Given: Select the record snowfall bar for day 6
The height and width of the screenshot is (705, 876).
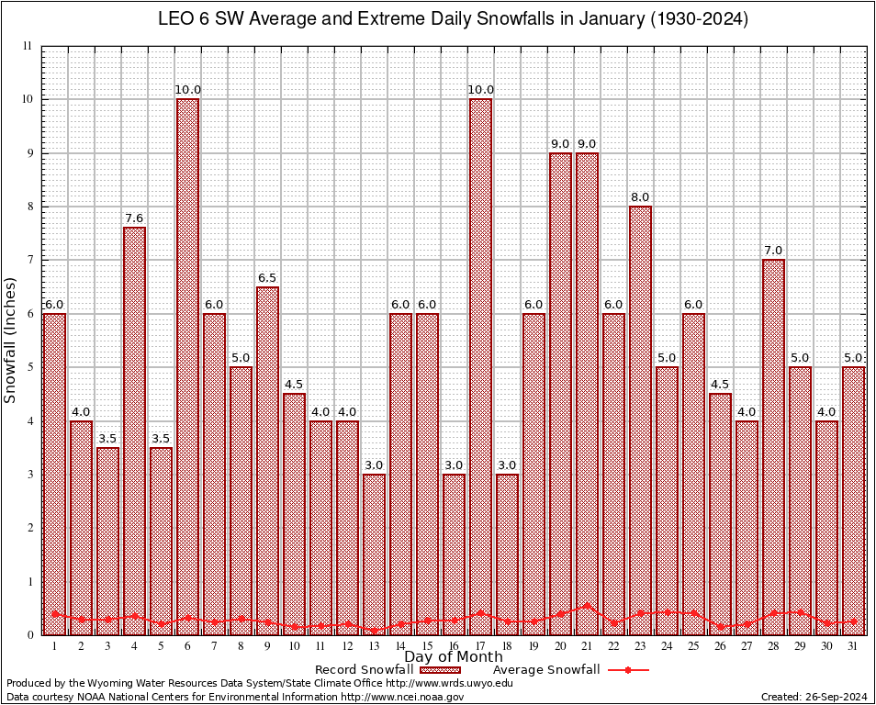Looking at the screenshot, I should [x=187, y=367].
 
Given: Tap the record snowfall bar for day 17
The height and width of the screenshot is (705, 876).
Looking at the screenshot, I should [x=480, y=367].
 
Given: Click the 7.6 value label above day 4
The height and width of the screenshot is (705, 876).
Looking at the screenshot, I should [x=134, y=218].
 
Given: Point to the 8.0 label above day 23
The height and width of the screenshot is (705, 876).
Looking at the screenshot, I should [x=640, y=197].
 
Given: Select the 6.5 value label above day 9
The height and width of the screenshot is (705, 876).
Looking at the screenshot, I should [x=267, y=277].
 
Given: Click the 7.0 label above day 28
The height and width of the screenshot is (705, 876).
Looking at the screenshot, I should [x=773, y=251].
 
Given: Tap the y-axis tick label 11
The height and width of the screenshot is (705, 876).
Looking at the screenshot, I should [x=28, y=46].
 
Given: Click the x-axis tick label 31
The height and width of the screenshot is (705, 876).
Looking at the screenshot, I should [x=853, y=646].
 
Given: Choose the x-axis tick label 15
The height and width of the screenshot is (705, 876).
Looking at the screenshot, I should [x=427, y=646].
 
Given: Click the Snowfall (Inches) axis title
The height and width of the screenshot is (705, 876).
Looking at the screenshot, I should [x=11, y=340].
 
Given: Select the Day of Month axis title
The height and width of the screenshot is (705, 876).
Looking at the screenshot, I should [x=453, y=657].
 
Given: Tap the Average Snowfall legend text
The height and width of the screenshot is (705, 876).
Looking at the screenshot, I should [x=546, y=670].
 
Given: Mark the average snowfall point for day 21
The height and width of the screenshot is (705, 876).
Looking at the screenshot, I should [x=587, y=606].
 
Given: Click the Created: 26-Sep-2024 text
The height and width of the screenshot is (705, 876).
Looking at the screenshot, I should [x=814, y=697].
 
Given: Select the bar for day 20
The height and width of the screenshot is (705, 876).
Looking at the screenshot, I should [x=560, y=395].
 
